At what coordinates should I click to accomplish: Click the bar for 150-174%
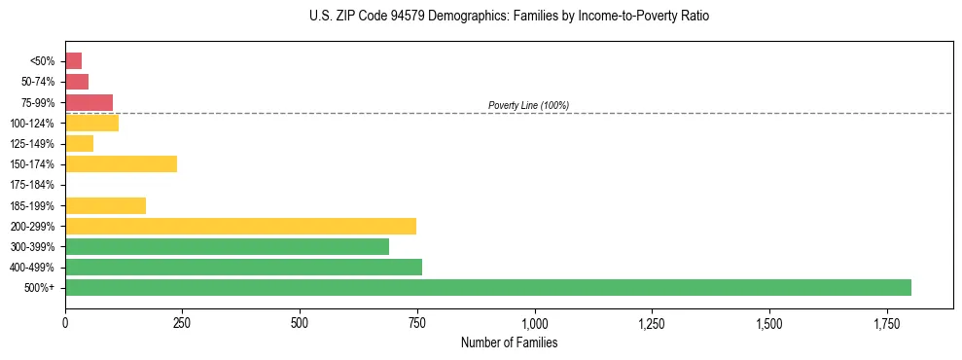(121, 163)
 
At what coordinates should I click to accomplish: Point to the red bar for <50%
(73, 60)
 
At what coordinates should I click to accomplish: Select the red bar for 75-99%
(89, 102)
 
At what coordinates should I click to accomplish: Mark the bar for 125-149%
(79, 143)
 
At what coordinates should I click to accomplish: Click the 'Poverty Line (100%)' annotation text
(528, 105)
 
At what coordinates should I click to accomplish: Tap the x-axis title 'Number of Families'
(509, 343)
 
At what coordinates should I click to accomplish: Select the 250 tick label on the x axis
(182, 322)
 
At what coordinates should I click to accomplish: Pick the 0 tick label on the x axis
(65, 322)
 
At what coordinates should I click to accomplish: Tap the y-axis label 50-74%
(39, 82)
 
